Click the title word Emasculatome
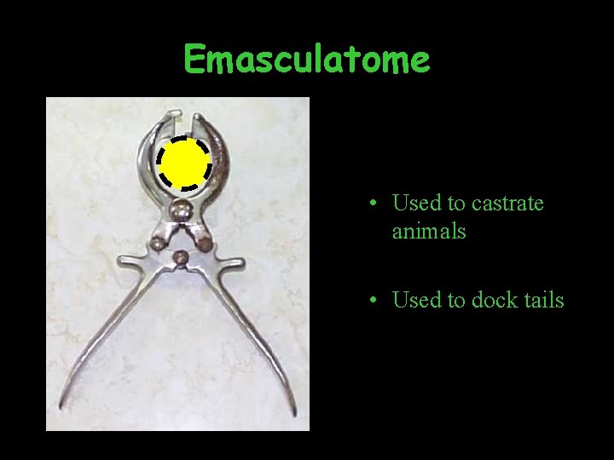click(x=307, y=60)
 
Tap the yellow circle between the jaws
click(x=183, y=164)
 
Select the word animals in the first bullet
click(x=429, y=231)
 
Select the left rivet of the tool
click(x=157, y=244)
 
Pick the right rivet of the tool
click(x=205, y=244)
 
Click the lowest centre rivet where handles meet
click(x=181, y=257)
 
